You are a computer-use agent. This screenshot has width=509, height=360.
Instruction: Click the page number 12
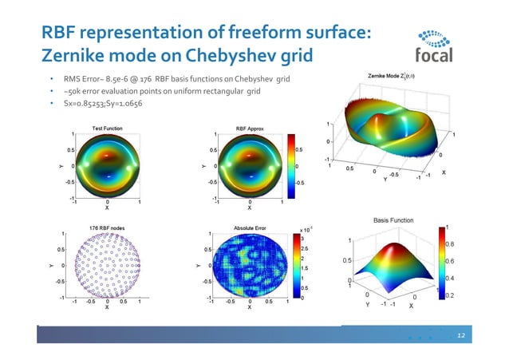click(460, 337)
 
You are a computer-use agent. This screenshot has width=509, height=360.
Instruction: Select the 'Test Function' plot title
click(107, 128)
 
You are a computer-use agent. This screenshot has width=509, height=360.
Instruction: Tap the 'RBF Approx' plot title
click(250, 128)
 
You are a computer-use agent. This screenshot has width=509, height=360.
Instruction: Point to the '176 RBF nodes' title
click(106, 227)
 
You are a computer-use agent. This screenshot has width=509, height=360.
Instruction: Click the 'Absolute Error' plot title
click(249, 227)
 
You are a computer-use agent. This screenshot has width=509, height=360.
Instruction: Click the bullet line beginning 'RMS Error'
click(176, 80)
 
